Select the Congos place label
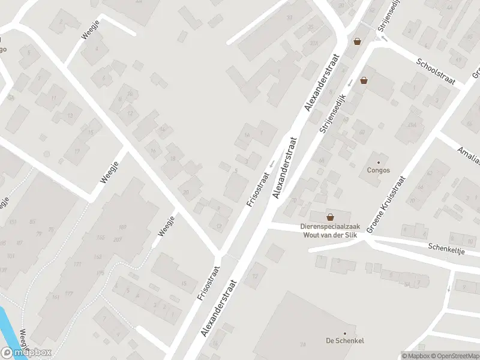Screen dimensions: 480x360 (378, 170)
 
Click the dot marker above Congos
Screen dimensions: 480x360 (378, 162)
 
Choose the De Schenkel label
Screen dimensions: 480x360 (344, 341)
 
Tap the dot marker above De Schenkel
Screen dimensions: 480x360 (344, 333)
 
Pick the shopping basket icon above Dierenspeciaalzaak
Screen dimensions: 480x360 (330, 217)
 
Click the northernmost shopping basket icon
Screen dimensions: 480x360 (358, 41)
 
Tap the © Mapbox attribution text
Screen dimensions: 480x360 (415, 356)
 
